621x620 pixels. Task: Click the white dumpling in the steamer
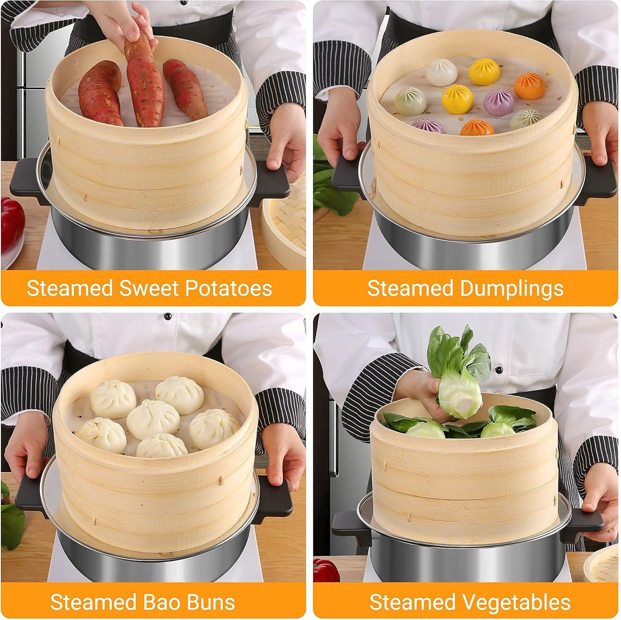click(442, 72)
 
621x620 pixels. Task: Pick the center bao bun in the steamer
click(153, 419)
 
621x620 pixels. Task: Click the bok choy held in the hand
click(459, 378)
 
